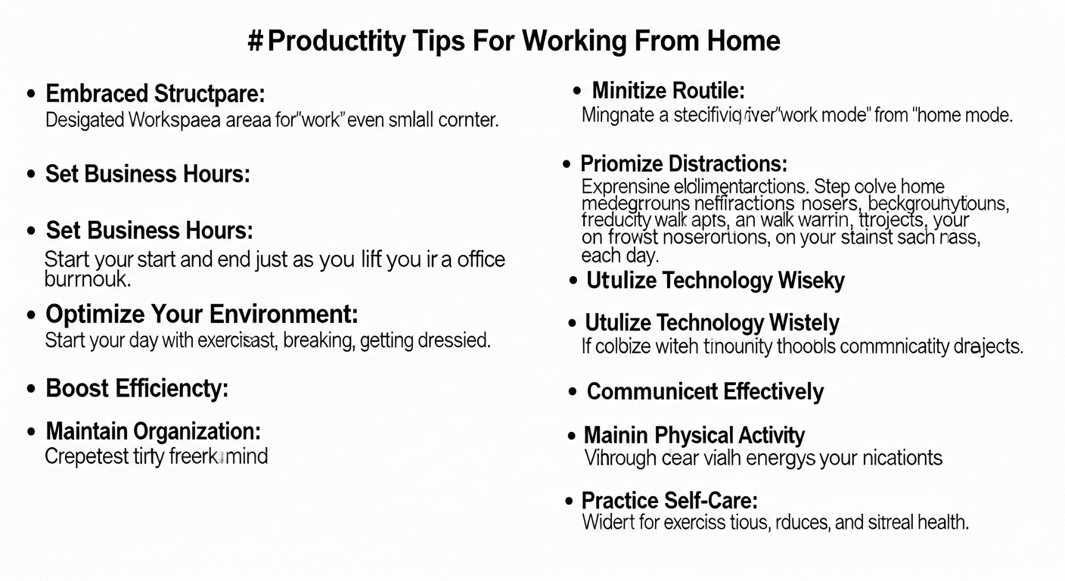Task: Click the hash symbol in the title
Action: (255, 40)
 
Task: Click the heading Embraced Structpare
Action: (155, 95)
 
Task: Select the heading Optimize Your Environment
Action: (202, 313)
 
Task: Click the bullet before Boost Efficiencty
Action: (31, 390)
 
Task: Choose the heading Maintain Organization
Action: (154, 432)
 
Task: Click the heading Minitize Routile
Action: (669, 92)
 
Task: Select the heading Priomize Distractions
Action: (684, 163)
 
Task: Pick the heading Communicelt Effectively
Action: (705, 392)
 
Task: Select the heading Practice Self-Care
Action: (669, 500)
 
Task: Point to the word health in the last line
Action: (942, 522)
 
